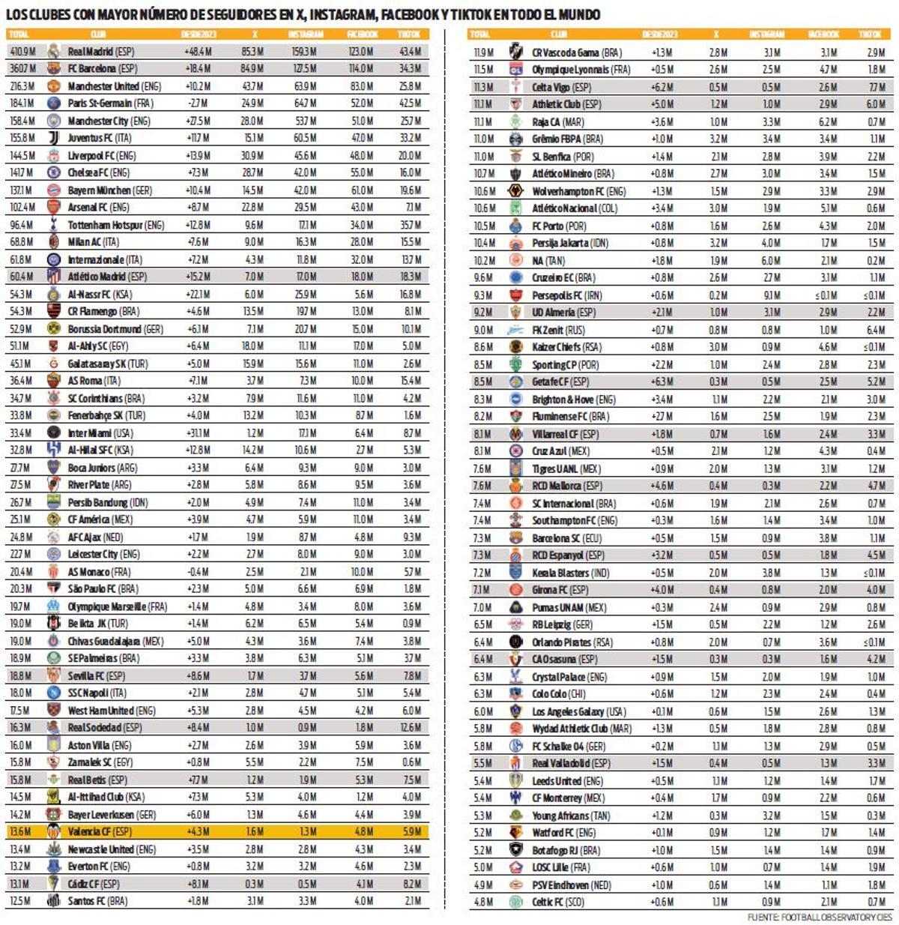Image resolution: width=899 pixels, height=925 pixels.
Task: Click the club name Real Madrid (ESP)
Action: coord(100,52)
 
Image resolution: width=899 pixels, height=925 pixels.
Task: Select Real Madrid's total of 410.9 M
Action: coord(22,52)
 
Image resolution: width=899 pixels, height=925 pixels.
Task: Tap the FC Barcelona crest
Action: coord(53,69)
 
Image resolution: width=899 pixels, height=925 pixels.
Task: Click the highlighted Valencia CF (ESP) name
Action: coord(99,832)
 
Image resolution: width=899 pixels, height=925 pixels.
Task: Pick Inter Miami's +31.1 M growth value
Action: coord(198,433)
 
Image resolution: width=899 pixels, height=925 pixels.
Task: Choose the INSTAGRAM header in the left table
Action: coord(306,34)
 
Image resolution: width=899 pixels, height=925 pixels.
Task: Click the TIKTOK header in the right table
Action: coord(870,34)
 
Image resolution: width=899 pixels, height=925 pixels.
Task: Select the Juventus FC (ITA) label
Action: coord(100,139)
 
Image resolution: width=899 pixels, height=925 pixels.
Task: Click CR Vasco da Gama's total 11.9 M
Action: coord(483,52)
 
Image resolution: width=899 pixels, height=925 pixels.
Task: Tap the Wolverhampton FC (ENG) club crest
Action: coord(515,191)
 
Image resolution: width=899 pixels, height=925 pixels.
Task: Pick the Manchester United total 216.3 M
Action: coord(22,86)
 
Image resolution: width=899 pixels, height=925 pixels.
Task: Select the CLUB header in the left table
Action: coord(98,34)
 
